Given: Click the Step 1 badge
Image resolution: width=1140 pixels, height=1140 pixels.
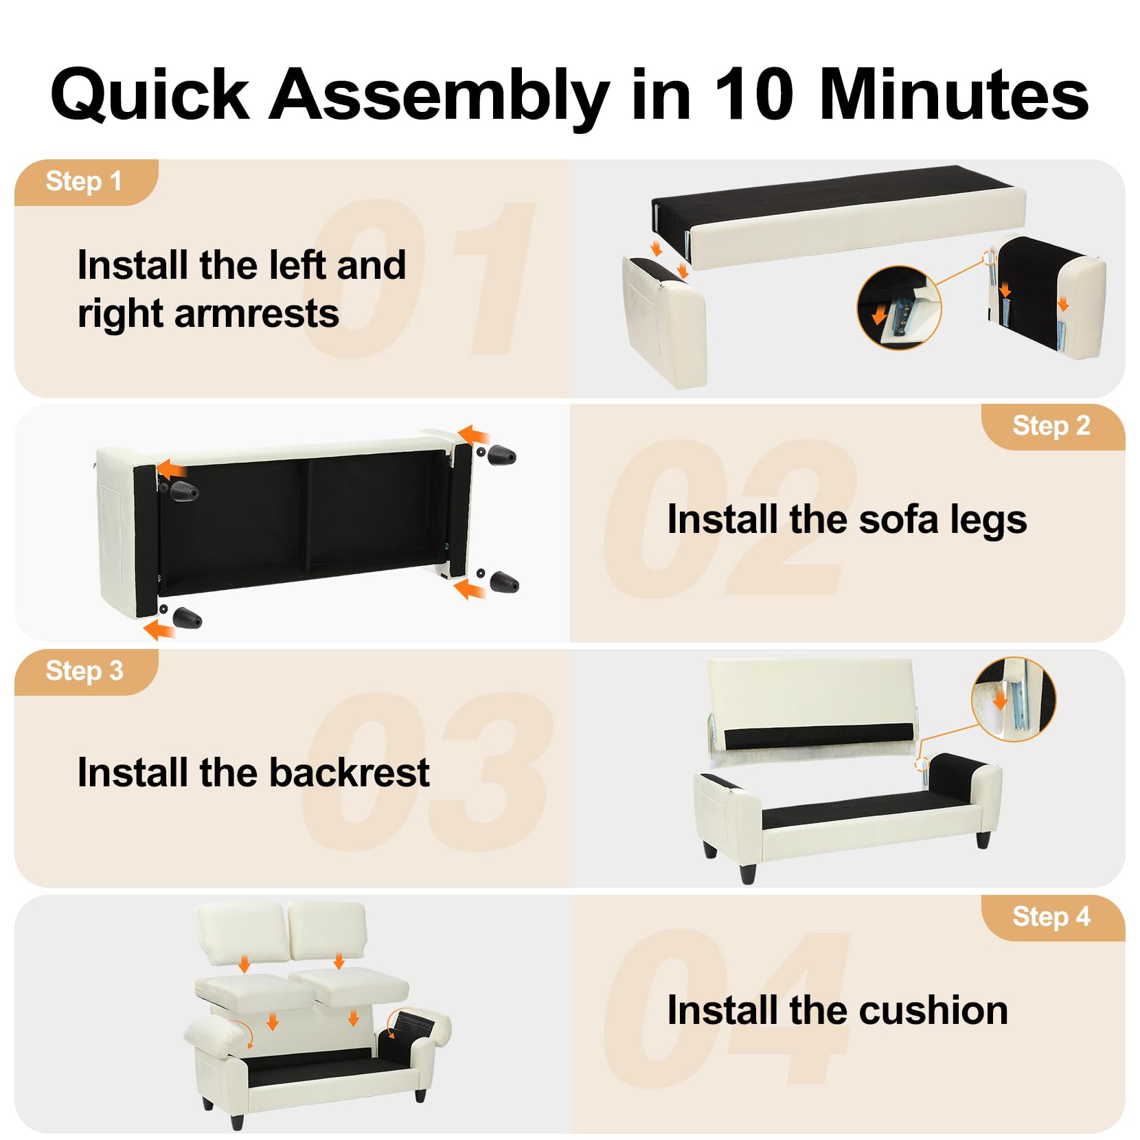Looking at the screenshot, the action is pyautogui.click(x=87, y=182).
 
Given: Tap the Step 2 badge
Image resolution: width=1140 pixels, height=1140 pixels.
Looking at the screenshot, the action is pyautogui.click(x=1053, y=426).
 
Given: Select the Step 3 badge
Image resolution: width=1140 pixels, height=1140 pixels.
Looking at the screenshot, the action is pyautogui.click(x=87, y=672).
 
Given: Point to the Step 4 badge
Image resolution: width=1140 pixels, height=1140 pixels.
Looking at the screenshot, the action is pyautogui.click(x=1053, y=917).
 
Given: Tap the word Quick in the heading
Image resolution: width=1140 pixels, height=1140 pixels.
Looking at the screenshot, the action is pyautogui.click(x=149, y=96).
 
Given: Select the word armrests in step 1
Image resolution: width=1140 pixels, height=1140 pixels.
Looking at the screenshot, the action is pyautogui.click(x=256, y=315).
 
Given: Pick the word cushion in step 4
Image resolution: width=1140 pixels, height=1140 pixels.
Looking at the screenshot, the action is pyautogui.click(x=933, y=1011).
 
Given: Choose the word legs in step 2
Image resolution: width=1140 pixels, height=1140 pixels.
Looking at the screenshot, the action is pyautogui.click(x=988, y=521).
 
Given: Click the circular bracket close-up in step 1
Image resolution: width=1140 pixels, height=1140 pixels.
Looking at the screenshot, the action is pyautogui.click(x=899, y=308).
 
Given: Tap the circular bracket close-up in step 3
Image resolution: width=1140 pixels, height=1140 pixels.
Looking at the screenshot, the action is pyautogui.click(x=1014, y=699).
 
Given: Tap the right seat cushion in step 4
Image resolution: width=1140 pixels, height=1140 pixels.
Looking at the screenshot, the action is pyautogui.click(x=350, y=988).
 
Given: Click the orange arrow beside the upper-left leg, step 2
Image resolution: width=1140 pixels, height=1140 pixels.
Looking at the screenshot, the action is pyautogui.click(x=171, y=470).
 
